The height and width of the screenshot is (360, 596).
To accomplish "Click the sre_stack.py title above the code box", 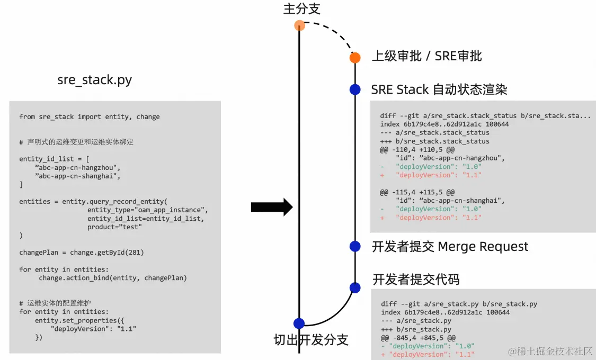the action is tap(95, 80).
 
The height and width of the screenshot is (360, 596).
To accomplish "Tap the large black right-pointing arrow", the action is tap(272, 207).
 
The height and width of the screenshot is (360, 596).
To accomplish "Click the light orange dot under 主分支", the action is tap(299, 25).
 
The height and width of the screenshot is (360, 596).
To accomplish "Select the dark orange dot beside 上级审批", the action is tap(355, 58).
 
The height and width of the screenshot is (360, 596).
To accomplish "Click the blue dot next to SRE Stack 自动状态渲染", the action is tap(355, 89).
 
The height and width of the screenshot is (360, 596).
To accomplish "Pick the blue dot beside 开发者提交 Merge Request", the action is tap(355, 247).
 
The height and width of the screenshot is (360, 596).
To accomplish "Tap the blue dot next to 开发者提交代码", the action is tap(355, 288).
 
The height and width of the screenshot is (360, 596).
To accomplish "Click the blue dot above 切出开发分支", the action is tap(299, 323).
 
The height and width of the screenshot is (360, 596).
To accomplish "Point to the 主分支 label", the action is tap(302, 8).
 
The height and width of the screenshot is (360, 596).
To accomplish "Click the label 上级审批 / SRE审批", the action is tap(427, 56).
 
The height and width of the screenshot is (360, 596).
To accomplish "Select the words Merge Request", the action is tap(483, 247).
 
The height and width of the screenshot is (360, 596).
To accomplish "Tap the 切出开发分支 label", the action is tap(311, 340).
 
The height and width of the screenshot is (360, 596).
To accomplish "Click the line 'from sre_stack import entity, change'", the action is tap(90, 117).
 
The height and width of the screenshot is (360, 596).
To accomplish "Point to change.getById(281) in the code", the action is tap(107, 253).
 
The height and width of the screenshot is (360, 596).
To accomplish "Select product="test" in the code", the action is tap(114, 227).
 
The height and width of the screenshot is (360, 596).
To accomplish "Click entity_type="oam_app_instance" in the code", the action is tap(147, 210).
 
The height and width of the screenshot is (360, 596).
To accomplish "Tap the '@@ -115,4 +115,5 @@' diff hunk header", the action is tap(417, 192).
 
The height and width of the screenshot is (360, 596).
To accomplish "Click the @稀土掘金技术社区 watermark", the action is tap(550, 352).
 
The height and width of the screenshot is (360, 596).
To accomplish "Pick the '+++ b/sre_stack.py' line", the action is tap(416, 330).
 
